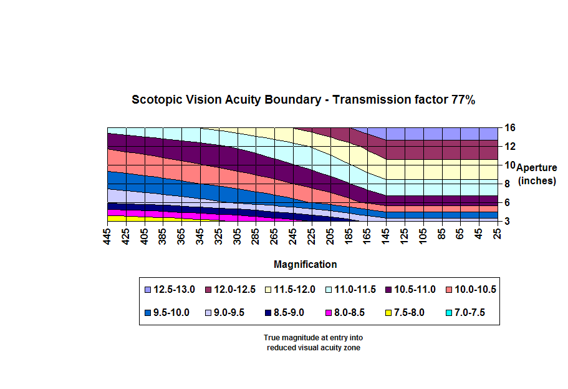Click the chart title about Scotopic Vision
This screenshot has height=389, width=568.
tap(304, 100)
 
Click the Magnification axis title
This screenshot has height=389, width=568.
tap(305, 265)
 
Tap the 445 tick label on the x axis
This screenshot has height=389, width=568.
tap(108, 236)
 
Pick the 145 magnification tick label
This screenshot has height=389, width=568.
tap(386, 236)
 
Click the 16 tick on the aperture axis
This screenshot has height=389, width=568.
tap(509, 127)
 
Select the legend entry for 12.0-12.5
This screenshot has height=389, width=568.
tap(234, 290)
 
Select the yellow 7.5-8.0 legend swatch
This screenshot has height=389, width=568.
tap(390, 313)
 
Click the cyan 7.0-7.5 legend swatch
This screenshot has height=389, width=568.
tap(450, 313)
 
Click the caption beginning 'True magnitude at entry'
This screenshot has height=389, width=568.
tap(314, 343)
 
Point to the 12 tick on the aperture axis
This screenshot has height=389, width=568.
tap(509, 146)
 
